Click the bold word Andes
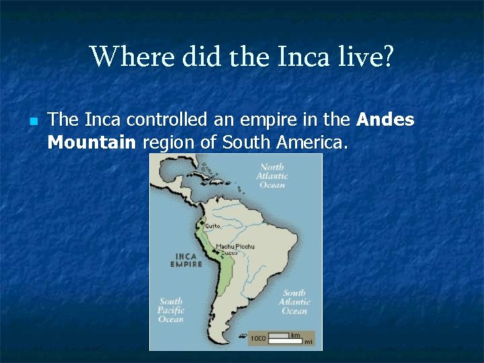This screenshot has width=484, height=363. pyautogui.click(x=385, y=120)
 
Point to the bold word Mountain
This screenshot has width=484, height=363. pyautogui.click(x=91, y=143)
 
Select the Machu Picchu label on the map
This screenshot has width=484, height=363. pyautogui.click(x=235, y=247)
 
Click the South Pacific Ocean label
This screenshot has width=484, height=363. pyautogui.click(x=171, y=310)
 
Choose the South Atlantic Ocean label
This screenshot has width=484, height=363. pyautogui.click(x=294, y=302)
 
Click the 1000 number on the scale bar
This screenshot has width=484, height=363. pyautogui.click(x=257, y=338)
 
